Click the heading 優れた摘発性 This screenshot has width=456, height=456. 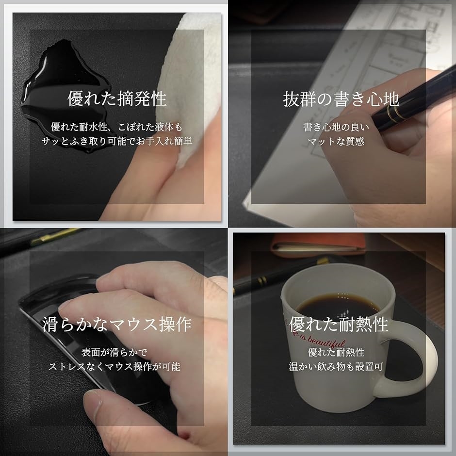click(x=117, y=98)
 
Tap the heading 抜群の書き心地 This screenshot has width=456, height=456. click(x=341, y=99)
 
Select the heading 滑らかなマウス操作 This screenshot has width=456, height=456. click(x=117, y=324)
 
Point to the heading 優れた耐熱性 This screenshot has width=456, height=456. click(x=339, y=324)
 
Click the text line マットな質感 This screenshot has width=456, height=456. click(x=336, y=142)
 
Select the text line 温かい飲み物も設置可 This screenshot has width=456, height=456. click(x=336, y=366)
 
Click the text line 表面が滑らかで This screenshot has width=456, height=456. click(x=114, y=353)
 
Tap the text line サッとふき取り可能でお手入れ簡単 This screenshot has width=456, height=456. click(x=116, y=141)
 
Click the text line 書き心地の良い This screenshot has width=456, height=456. click(x=336, y=127)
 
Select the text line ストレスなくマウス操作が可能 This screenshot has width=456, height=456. click(x=114, y=366)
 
